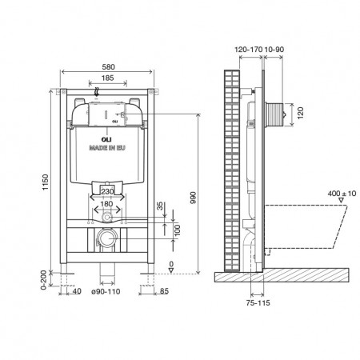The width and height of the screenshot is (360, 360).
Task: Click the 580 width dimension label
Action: click(109, 66)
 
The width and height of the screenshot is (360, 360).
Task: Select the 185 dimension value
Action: click(107, 78)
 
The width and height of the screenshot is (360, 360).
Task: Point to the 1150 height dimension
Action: click(46, 182)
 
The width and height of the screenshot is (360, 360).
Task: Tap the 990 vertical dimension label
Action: click(194, 198)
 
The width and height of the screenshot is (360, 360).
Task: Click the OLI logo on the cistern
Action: click(106, 140)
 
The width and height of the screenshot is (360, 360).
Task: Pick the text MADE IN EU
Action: click(107, 147)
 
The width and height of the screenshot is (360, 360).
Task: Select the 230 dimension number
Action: click(107, 191)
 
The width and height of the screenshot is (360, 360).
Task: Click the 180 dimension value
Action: click(106, 204)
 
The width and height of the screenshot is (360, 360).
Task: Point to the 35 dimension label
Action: click(160, 206)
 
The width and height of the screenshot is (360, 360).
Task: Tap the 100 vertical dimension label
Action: click(177, 230)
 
